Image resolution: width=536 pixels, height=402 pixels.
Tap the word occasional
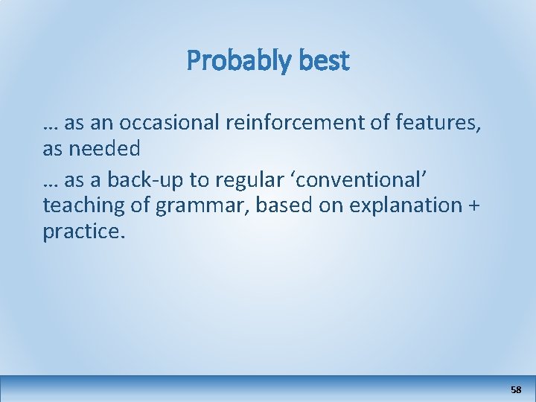pos(162,121)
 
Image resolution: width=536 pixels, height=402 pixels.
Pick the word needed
pos(105,149)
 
